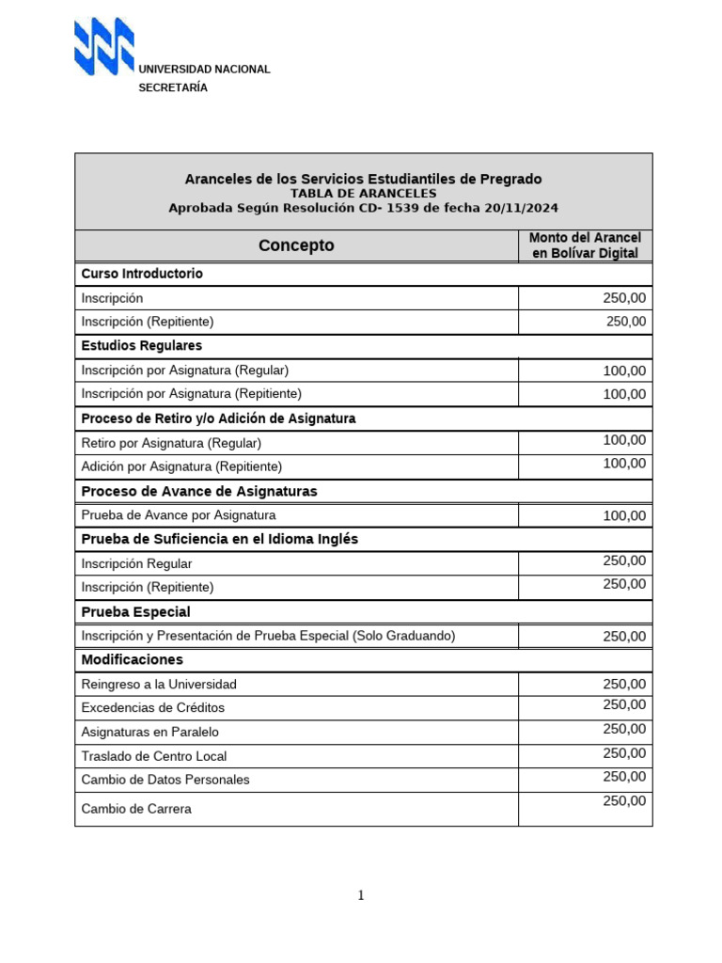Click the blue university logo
click(x=104, y=47)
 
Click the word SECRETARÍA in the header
click(x=173, y=87)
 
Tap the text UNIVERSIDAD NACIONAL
click(x=204, y=70)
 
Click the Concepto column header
click(x=296, y=245)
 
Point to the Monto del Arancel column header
click(x=585, y=245)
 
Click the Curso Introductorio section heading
click(x=142, y=274)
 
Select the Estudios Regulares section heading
click(x=141, y=346)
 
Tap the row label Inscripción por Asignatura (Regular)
click(x=185, y=371)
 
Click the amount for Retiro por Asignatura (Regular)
click(x=624, y=440)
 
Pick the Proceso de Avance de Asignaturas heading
click(x=199, y=491)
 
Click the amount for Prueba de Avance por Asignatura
click(x=624, y=515)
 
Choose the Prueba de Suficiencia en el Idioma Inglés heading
click(x=220, y=539)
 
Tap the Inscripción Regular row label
click(x=137, y=563)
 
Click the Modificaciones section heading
click(x=133, y=659)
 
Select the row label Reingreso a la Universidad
click(x=159, y=684)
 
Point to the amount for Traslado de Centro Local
click(x=624, y=753)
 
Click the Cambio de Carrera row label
click(x=136, y=809)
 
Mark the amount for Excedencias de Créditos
click(x=624, y=705)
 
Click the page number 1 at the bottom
click(x=360, y=895)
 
